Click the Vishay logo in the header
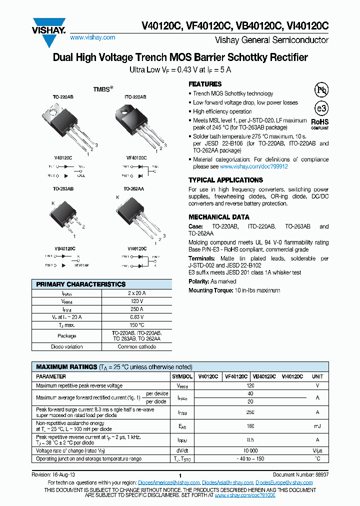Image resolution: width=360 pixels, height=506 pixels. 49,26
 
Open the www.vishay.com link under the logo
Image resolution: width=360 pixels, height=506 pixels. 92,37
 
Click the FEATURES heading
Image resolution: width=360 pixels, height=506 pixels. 205,84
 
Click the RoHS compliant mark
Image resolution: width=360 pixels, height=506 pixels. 320,123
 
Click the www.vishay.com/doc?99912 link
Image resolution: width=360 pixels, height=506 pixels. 254,166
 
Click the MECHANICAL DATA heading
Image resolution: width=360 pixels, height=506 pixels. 218,217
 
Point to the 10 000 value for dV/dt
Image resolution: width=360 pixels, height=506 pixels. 250,450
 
